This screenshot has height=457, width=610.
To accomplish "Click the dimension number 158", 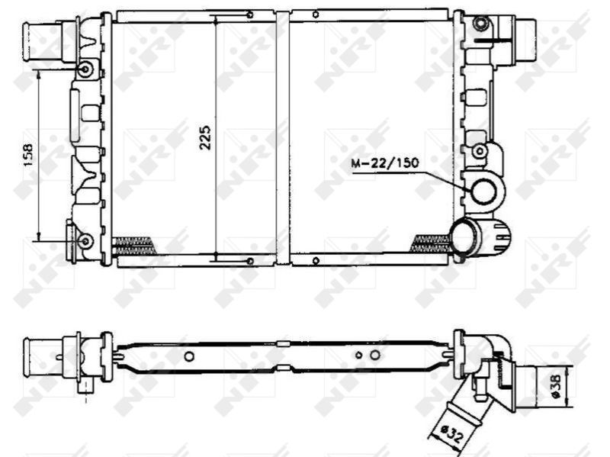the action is click(28, 156).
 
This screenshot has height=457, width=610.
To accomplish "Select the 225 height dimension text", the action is click(205, 137).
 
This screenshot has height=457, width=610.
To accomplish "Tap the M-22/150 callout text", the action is click(385, 163).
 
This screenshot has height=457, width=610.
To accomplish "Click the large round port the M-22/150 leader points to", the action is click(484, 192).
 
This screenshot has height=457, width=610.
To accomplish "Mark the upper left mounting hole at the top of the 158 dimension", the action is click(85, 70).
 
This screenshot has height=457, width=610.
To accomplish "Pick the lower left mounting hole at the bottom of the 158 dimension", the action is click(85, 241).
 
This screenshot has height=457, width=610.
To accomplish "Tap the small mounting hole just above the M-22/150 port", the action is click(480, 151).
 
